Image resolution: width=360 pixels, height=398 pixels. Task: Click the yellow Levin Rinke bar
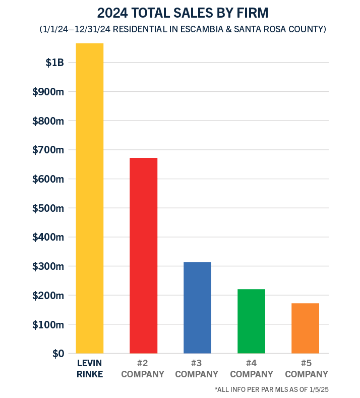coord(90,198)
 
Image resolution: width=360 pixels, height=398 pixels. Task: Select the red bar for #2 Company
coord(144,255)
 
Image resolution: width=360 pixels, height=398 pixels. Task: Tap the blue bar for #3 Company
coord(197,308)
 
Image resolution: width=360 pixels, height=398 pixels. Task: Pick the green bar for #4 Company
coord(251,321)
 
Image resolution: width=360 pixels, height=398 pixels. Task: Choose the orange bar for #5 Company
coord(305,328)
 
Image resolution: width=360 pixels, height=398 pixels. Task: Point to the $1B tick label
coord(54,63)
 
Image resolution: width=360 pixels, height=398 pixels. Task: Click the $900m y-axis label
coord(48,92)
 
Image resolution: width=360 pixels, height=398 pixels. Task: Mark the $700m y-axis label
coord(48,150)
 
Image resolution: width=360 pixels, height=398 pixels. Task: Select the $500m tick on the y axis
coord(48,208)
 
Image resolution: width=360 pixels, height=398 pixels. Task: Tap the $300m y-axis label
coord(48,266)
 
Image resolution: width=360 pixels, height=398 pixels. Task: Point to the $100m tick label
coord(48,324)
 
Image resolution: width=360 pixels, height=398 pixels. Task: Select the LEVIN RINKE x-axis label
coord(90,369)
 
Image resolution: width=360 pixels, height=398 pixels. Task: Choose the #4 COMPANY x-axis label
coord(251,369)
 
